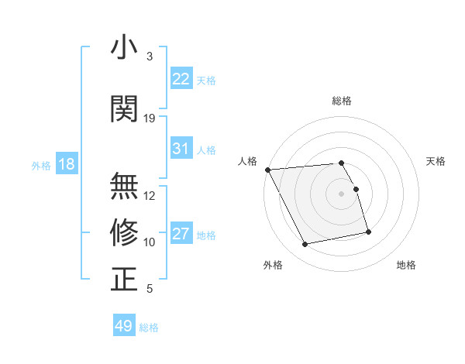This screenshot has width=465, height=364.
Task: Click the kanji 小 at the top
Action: tap(124, 47)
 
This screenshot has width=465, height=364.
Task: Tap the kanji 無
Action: tap(124, 186)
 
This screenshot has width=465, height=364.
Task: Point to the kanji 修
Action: tap(124, 232)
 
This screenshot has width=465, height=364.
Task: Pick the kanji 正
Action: tap(124, 279)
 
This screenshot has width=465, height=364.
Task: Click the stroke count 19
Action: tap(150, 118)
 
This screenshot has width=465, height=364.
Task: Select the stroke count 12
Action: tap(150, 196)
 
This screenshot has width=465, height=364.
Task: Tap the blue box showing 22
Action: tap(181, 79)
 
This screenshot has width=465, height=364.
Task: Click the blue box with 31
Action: tap(181, 149)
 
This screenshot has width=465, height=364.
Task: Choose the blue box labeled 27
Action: tap(181, 234)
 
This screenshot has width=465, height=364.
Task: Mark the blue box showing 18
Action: tap(66, 165)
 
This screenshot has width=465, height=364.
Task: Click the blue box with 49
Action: tap(124, 326)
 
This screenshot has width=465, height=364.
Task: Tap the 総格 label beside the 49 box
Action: tap(149, 328)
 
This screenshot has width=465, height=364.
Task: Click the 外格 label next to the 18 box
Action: tap(41, 166)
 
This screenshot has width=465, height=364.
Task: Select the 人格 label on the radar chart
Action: tap(248, 161)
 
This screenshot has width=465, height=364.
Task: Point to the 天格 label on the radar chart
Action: tap(436, 161)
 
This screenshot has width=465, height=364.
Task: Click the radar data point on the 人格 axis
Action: tap(267, 170)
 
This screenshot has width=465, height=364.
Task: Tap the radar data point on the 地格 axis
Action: tap(368, 232)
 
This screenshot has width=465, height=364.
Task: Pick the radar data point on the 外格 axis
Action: tap(305, 245)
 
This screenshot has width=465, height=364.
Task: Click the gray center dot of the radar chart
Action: tap(342, 194)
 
